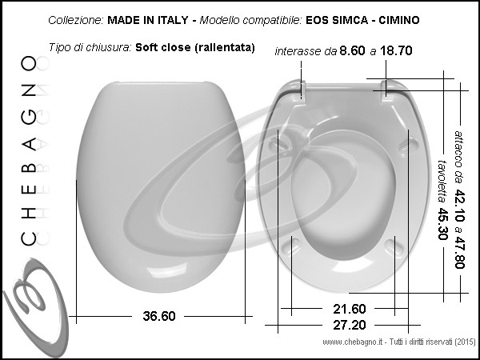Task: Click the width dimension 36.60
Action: (159, 316)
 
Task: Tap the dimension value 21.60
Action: (350, 309)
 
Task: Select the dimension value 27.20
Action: (350, 325)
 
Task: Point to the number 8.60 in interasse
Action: (352, 50)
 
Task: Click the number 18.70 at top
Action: (396, 50)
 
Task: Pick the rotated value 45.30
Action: (442, 224)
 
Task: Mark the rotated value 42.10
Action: (459, 206)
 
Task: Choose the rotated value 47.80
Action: (459, 253)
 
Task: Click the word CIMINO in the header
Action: (399, 20)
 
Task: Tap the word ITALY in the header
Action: (173, 20)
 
